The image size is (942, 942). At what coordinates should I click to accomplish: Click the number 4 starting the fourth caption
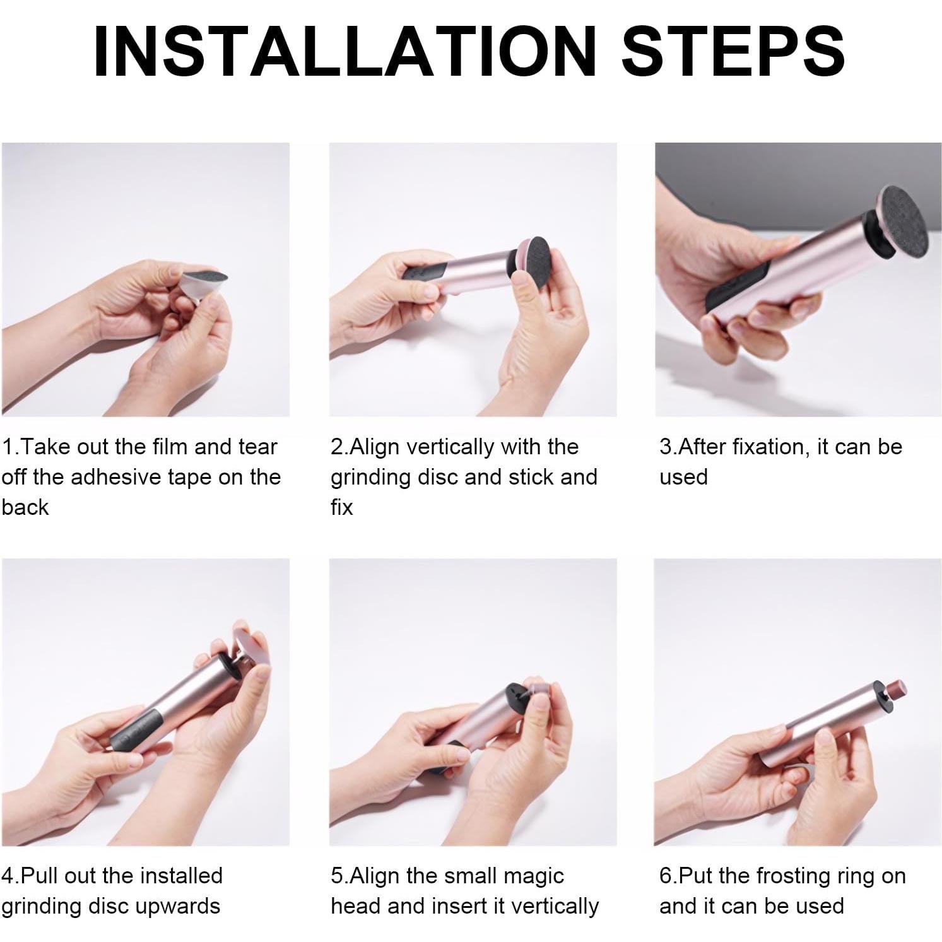tap(8, 876)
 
